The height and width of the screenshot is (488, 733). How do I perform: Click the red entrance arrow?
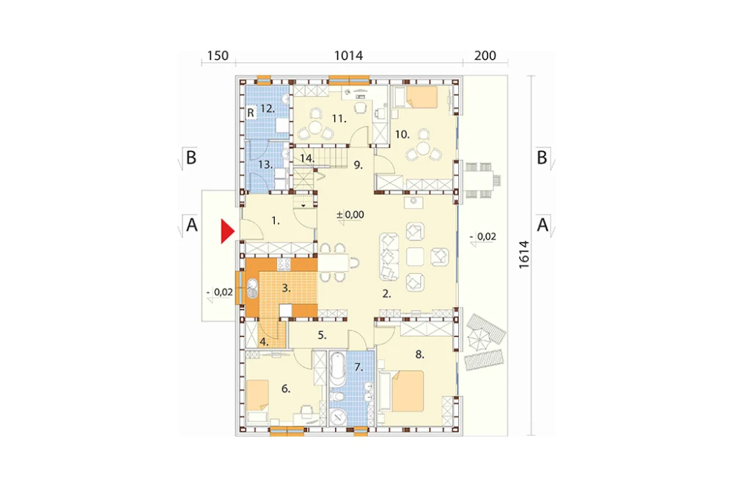click(x=227, y=232)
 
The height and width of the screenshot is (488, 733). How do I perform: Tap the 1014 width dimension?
click(x=348, y=56)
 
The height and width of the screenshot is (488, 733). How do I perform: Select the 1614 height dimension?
click(x=524, y=254)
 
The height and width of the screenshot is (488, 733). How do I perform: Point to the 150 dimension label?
click(x=218, y=56)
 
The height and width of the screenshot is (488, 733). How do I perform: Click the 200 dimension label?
click(x=485, y=56)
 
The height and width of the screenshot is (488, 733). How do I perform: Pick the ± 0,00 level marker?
click(x=350, y=215)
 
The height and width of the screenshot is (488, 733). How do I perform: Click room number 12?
click(x=268, y=109)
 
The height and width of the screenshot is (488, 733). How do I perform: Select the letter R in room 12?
click(x=251, y=113)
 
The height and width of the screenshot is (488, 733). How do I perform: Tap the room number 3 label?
click(x=286, y=289)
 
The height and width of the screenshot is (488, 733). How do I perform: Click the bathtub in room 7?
click(x=337, y=369)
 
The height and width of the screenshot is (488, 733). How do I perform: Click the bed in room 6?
click(x=257, y=396)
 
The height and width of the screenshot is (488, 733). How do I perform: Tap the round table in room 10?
click(x=423, y=149)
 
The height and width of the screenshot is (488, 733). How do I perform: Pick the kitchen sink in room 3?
click(x=252, y=289)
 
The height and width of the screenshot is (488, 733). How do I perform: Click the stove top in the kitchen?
click(x=284, y=265)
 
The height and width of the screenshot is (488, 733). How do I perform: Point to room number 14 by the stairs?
click(x=306, y=158)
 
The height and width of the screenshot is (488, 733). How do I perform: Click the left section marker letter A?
click(x=191, y=225)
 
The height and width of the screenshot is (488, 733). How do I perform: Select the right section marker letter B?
click(x=542, y=158)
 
